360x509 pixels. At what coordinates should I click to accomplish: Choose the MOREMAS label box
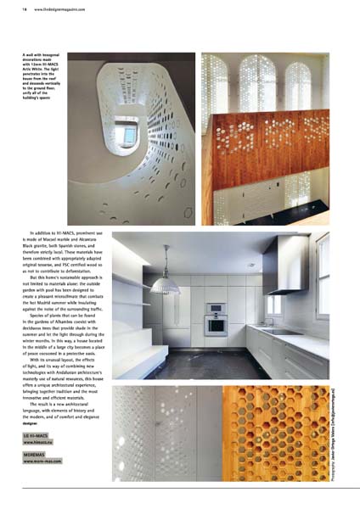pos(37,455)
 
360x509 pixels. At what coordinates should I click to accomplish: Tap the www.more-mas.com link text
pos(44,461)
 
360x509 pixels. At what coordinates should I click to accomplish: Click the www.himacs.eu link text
pos(41,442)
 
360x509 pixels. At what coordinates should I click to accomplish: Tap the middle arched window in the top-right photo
pos(264,81)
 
